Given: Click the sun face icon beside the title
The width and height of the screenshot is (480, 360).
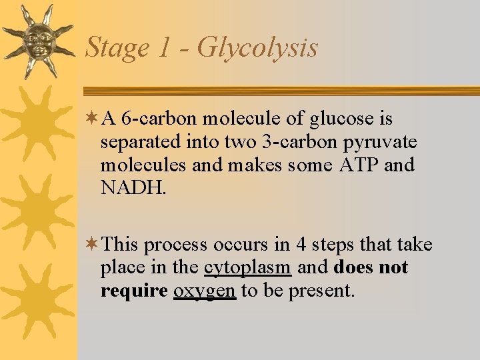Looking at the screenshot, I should click(37, 40).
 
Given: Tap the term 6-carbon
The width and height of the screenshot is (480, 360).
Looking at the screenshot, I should click(159, 119).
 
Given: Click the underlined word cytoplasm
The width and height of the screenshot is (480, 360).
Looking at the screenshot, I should click(247, 268).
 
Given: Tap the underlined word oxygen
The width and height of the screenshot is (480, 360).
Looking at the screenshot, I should click(204, 291).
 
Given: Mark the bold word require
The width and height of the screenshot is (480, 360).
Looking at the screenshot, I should click(134, 291).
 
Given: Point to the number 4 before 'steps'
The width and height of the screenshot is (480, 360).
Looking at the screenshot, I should click(300, 245).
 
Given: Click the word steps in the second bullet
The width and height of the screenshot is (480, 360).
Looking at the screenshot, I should click(331, 245).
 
